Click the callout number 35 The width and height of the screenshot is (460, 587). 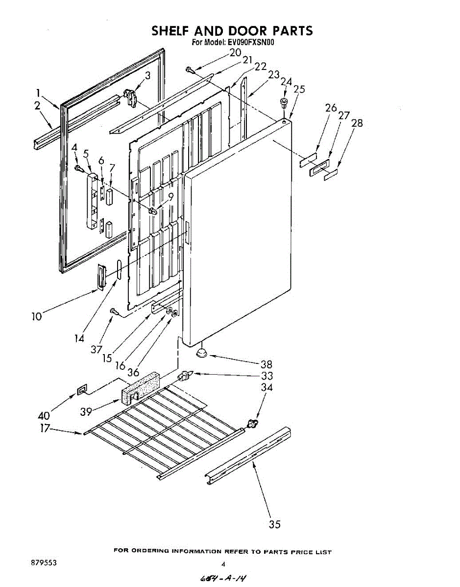click(x=275, y=524)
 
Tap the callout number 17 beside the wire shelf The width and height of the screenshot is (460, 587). click(x=45, y=428)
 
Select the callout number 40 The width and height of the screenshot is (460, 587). click(x=44, y=416)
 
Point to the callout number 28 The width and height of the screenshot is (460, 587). click(x=357, y=123)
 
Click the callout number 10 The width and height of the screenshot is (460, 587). click(x=37, y=316)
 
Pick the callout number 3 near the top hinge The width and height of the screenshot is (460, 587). click(x=147, y=75)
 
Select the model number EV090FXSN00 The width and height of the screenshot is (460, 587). click(x=251, y=43)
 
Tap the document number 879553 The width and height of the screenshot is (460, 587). click(x=44, y=563)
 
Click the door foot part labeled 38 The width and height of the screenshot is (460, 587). click(x=201, y=353)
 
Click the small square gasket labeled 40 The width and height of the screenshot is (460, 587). click(x=81, y=390)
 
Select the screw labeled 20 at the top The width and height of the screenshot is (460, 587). click(x=190, y=70)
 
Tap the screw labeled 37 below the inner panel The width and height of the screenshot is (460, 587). click(x=113, y=311)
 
